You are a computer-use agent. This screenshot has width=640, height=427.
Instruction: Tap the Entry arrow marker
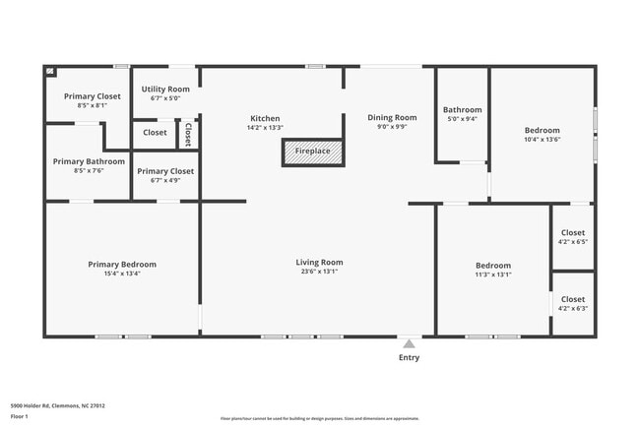408,343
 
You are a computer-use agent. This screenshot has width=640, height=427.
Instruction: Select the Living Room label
319,263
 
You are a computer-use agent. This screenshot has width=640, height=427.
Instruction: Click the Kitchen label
265,118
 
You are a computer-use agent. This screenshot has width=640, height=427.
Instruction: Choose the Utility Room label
165,89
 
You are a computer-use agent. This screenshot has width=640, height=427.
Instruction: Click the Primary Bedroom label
121,264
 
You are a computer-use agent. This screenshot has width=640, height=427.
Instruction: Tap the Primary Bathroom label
89,161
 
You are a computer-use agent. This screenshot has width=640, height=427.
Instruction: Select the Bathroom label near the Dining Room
462,109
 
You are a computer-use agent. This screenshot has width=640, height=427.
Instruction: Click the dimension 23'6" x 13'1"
319,274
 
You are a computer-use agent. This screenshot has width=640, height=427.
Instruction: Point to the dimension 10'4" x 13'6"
542,140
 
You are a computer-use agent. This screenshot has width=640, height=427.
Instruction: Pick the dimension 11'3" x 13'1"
493,275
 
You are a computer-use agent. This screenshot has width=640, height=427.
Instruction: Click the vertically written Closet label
188,133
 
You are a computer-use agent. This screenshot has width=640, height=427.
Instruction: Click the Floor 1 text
20,416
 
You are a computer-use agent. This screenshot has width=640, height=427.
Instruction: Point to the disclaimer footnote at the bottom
319,419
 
